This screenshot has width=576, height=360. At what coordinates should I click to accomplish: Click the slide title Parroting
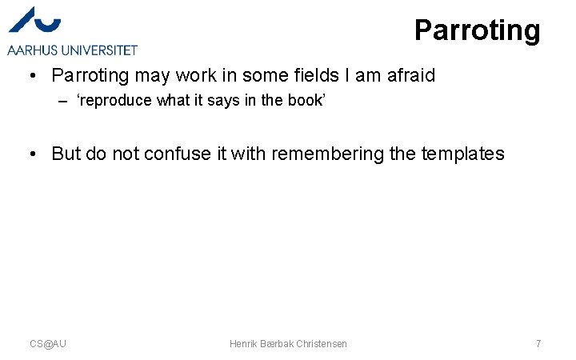tap(477, 30)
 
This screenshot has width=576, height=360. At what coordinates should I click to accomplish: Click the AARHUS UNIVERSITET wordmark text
tap(72, 50)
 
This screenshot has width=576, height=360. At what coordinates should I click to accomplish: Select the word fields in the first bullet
tap(318, 76)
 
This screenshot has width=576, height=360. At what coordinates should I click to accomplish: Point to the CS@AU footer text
tap(48, 343)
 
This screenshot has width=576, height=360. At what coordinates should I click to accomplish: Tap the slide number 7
tap(538, 343)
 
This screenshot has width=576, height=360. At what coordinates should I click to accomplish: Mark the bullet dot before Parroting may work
tap(30, 76)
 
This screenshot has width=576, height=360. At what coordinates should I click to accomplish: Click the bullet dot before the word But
tap(30, 153)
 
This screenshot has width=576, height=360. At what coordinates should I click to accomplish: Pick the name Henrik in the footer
tap(243, 343)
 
